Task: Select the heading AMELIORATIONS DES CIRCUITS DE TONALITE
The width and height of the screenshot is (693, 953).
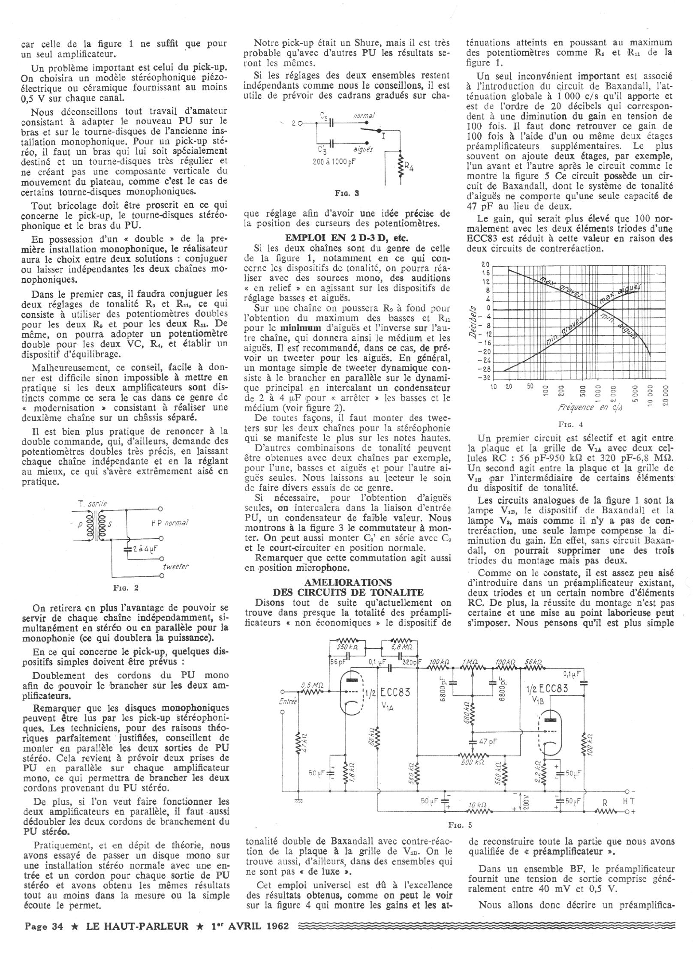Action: (348, 587)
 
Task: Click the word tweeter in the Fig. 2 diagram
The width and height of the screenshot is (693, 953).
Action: (176, 566)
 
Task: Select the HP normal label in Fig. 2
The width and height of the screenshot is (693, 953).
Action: (170, 523)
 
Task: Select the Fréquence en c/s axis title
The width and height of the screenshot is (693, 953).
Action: (590, 407)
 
